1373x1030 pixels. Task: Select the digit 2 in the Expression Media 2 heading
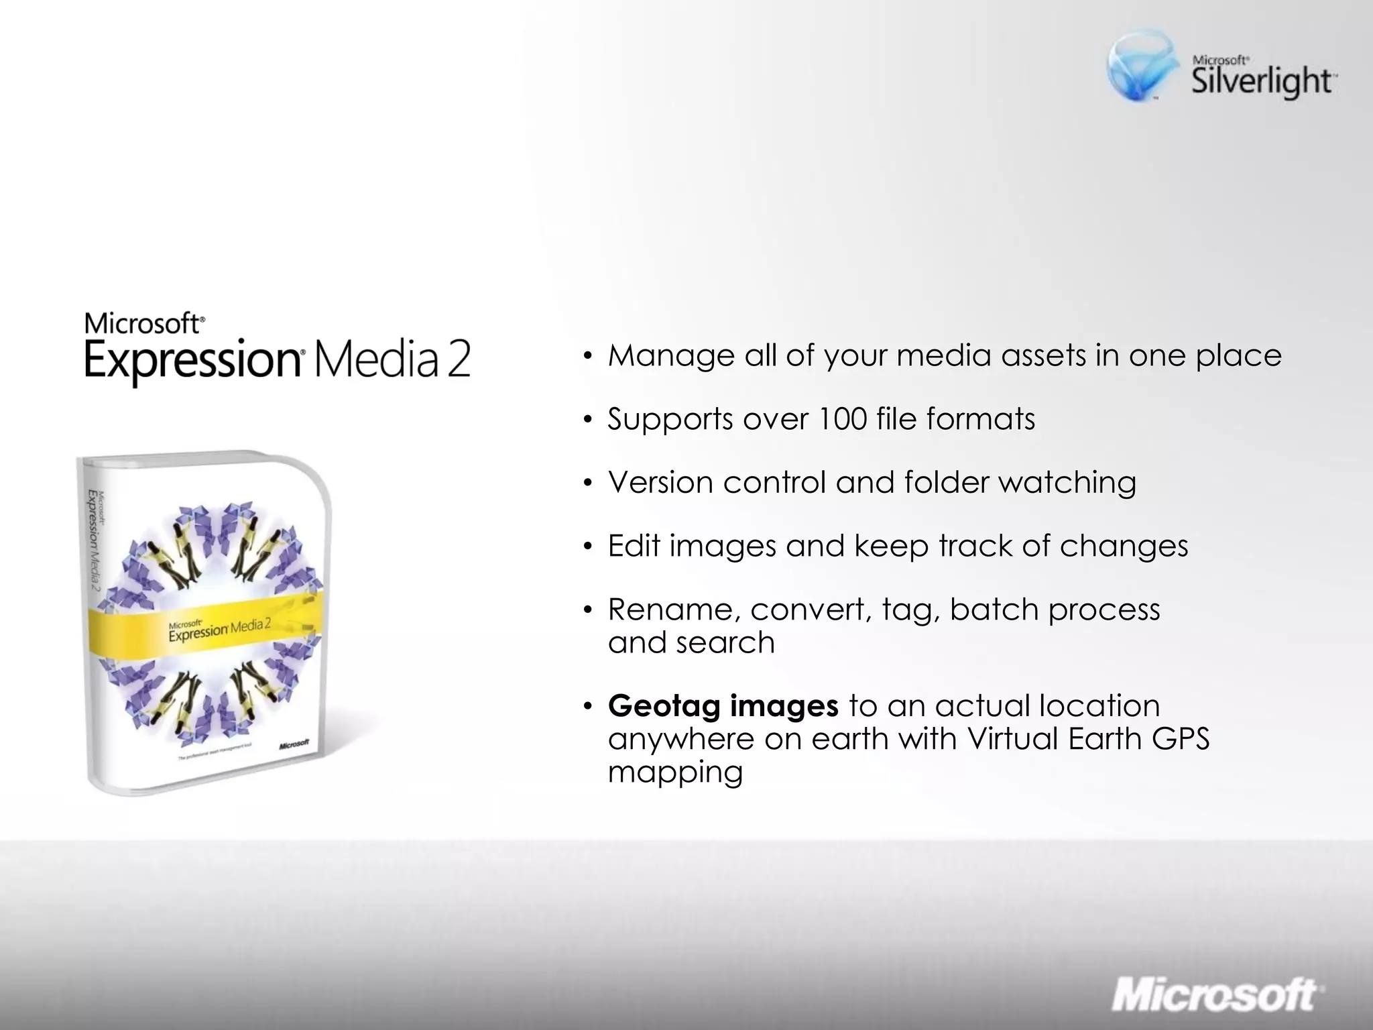point(459,360)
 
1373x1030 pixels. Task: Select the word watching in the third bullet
point(1067,483)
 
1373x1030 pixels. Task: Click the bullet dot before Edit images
point(588,547)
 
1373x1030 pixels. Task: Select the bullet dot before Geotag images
point(588,706)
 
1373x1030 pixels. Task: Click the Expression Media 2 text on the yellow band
point(219,629)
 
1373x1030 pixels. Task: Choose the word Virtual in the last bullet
point(1012,739)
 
